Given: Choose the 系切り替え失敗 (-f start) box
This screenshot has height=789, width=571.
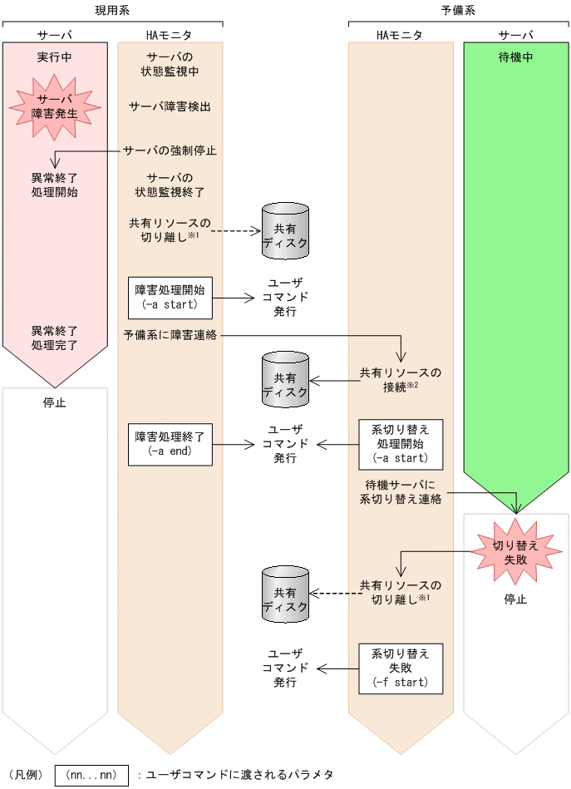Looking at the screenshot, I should click(x=401, y=668).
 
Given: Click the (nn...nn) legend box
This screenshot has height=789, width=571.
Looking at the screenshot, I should click(x=91, y=774).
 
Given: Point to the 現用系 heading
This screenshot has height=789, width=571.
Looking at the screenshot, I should click(x=112, y=11).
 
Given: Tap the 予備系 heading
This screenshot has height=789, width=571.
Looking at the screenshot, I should click(x=458, y=11).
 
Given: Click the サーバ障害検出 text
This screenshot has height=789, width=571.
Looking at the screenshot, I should click(x=170, y=106).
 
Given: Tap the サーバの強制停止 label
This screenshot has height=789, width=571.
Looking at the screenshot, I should click(x=170, y=150).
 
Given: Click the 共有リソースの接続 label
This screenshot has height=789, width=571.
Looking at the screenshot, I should click(x=401, y=379).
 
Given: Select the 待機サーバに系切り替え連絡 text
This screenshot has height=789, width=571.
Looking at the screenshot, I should click(x=401, y=492).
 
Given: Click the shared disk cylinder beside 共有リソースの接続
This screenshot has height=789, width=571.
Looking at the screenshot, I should click(x=285, y=379).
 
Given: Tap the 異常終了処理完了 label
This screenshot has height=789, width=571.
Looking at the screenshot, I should click(x=55, y=337).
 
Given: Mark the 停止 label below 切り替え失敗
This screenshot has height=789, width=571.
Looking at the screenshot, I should click(x=515, y=599).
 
